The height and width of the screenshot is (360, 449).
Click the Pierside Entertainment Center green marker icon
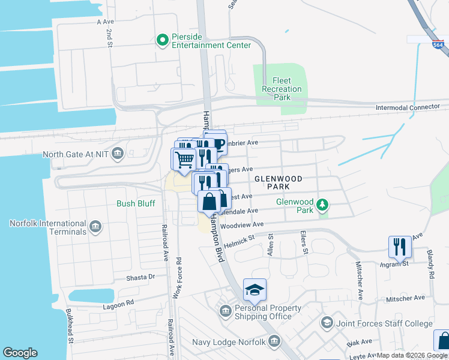pyautogui.click(x=161, y=40)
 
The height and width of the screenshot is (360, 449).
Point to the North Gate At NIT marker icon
pyautogui.click(x=118, y=154)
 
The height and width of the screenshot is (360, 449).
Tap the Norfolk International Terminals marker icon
pyautogui.click(x=95, y=227)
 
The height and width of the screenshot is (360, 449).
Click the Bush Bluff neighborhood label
pyautogui.click(x=136, y=203)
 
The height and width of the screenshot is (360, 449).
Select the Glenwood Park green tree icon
pyautogui.click(x=323, y=206)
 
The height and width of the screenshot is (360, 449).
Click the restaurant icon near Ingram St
pyautogui.click(x=399, y=245)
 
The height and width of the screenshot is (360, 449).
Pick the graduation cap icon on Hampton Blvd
pyautogui.click(x=255, y=290)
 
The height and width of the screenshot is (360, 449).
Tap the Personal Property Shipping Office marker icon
pyautogui.click(x=226, y=311)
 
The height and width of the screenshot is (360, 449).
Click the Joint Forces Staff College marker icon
pyautogui.click(x=327, y=323)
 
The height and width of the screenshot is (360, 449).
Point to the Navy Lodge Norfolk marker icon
pyautogui.click(x=274, y=342)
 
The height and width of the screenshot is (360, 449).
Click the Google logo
pyautogui.click(x=20, y=353)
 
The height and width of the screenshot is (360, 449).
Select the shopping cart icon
pyautogui.click(x=184, y=159)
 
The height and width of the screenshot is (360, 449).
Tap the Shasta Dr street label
pyautogui.click(x=140, y=277)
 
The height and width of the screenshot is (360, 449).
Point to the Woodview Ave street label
pyautogui.click(x=243, y=226)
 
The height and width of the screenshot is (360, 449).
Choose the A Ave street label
pyautogui.click(x=105, y=21)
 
